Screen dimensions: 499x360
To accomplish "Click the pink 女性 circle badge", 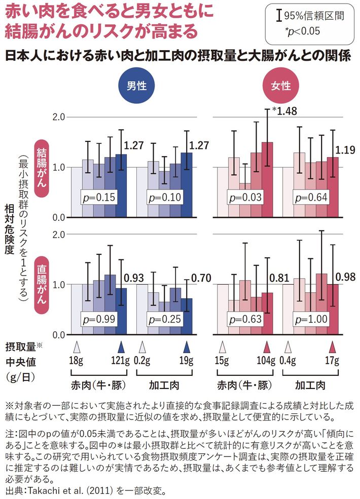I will pyautogui.click(x=280, y=85).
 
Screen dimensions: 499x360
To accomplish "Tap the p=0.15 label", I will pyautogui.click(x=99, y=197).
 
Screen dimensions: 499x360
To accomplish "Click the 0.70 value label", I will pyautogui.click(x=200, y=278).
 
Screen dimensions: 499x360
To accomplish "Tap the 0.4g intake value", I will pyautogui.click(x=290, y=361).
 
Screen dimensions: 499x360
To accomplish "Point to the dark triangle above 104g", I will pyautogui.click(x=267, y=348).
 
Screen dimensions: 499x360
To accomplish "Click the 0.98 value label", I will pyautogui.click(x=347, y=278).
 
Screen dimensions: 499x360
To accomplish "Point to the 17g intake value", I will pyautogui.click(x=333, y=361).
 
